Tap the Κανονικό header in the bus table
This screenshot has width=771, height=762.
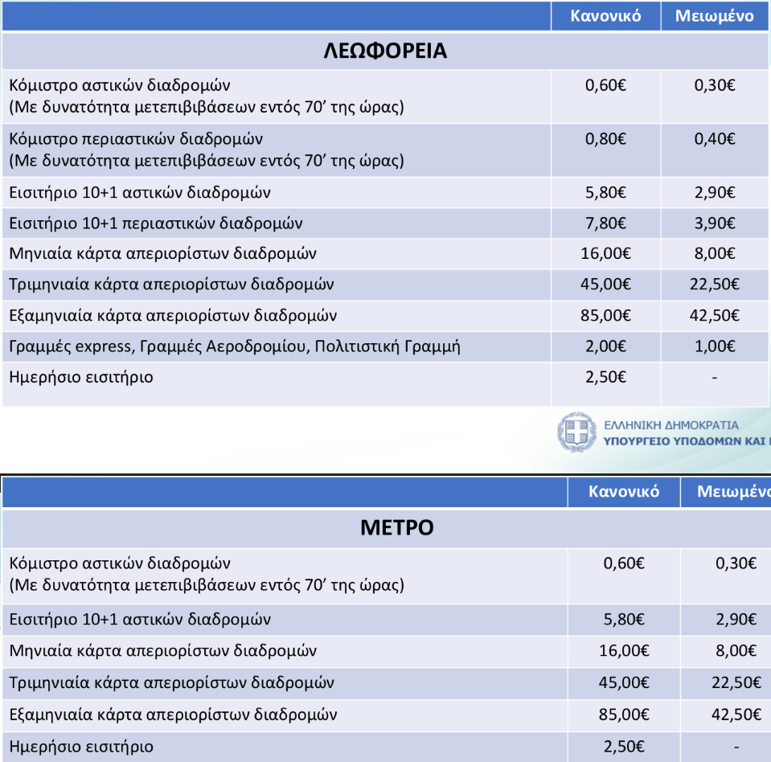tap(605, 16)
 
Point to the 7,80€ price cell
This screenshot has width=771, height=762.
tap(605, 223)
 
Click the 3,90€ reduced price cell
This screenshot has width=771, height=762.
tap(715, 223)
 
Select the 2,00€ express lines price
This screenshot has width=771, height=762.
tap(605, 347)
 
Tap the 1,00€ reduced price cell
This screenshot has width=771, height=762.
tap(715, 347)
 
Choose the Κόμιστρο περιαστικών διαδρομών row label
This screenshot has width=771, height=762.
tap(136, 139)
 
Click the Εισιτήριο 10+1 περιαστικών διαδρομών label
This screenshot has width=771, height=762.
tap(156, 223)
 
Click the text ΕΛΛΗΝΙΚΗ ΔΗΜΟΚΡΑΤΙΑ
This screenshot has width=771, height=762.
tap(671, 424)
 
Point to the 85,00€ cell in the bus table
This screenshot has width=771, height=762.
tap(605, 316)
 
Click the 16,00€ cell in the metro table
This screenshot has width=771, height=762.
tap(624, 650)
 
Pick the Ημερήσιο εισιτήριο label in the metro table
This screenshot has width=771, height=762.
tap(81, 747)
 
